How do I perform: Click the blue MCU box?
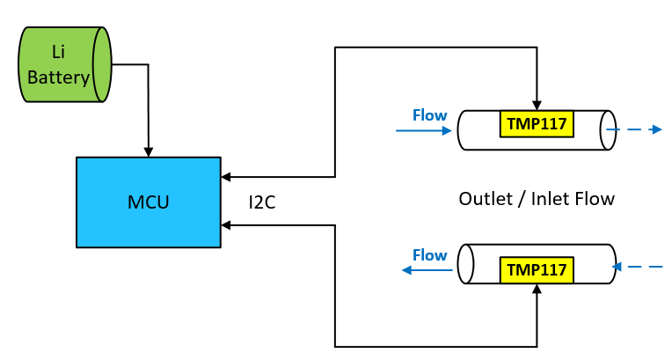point(148,202)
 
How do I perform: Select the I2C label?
point(263,202)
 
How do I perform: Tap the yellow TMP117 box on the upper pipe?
point(537,123)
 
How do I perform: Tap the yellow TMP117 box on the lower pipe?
point(537,269)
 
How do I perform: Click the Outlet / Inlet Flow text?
point(537,199)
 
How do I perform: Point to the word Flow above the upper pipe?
point(429,115)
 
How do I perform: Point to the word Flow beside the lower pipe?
point(429,255)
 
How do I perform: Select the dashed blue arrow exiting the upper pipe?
point(635,129)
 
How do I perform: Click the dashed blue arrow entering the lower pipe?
point(637,266)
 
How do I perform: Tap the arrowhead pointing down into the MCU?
point(149,151)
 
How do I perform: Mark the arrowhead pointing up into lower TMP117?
point(537,289)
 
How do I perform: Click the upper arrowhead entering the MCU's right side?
point(226,176)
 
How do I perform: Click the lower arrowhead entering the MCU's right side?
point(226,225)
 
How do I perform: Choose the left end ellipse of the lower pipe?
point(466,263)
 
